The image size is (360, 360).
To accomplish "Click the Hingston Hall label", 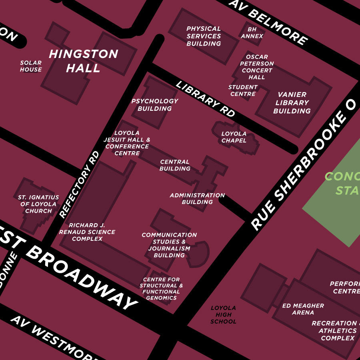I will coord(83,61).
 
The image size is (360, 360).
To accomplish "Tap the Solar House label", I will coord(31,66).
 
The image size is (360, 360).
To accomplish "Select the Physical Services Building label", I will coord(204,36).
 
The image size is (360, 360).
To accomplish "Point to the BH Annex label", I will coord(252,33).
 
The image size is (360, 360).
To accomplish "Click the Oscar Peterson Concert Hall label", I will coord(257,67).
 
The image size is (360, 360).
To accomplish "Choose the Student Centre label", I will coord(243,90).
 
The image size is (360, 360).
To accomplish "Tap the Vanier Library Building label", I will coord(292,103).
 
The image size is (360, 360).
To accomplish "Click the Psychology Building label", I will coord(155,105).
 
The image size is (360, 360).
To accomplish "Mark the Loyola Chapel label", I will coord(234,137).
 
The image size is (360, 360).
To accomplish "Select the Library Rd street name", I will coord(205,99).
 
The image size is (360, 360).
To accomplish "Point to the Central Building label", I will coord(175,165).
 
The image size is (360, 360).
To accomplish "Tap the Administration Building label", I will coord(197,198).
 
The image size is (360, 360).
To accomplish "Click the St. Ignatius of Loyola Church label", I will coord(38,204).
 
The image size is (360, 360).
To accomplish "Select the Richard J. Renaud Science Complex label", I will coord(87,232).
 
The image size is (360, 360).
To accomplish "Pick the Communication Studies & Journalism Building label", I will coord(169,245).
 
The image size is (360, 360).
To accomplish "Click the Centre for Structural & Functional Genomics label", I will coord(161,289).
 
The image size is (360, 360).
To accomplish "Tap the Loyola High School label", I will coord(223,314).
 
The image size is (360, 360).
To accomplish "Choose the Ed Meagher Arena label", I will coord(303,309).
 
